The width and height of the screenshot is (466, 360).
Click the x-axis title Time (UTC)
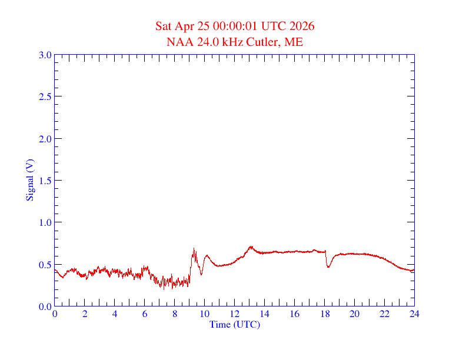(235, 324)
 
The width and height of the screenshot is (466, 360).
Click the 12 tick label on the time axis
(235, 314)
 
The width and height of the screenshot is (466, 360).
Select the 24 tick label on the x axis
(414, 314)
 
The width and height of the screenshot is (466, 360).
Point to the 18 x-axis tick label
(325, 314)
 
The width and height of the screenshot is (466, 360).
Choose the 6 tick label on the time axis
(145, 314)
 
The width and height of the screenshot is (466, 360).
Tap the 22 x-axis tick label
(384, 314)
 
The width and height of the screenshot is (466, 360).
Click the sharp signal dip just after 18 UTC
(328, 267)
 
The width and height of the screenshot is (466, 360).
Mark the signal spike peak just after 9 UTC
(194, 249)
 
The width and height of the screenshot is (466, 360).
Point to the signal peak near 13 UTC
(251, 246)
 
